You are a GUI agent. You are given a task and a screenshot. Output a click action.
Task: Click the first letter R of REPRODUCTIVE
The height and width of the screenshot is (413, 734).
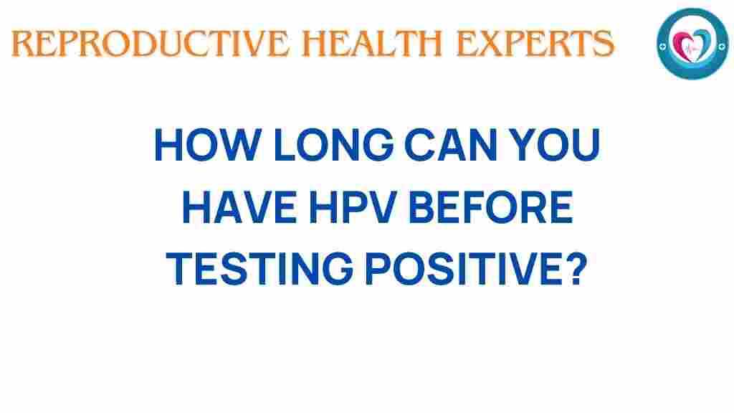[x=22, y=44]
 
